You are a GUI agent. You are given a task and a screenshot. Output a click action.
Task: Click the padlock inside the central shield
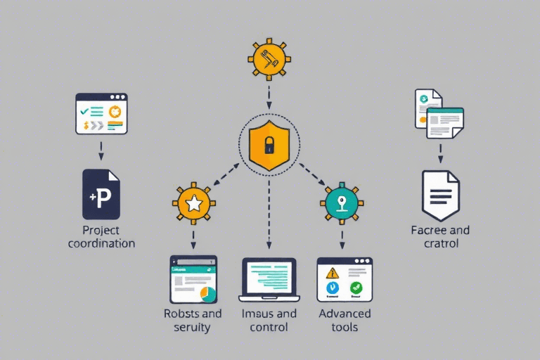coord(269,146)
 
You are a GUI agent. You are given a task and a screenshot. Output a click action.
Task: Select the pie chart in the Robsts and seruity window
coord(207,293)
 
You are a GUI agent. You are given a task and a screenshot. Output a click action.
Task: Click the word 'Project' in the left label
coord(101,231)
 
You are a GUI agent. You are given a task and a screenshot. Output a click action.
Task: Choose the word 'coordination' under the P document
coord(101,243)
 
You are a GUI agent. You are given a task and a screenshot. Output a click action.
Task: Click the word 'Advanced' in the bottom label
coord(345,314)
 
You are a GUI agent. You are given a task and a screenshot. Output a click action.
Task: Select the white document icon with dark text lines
coord(440,195)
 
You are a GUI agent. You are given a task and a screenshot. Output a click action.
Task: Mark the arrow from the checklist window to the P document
coord(101,149)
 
